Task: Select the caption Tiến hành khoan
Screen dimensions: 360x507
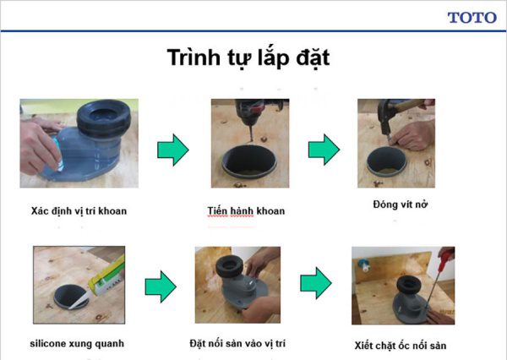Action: [x=246, y=210]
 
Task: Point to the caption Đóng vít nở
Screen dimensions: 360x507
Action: [x=399, y=205]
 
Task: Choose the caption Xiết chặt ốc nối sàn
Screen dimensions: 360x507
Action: [x=400, y=346]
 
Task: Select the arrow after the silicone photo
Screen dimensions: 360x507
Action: [x=161, y=287]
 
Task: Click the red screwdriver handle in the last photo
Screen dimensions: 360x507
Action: [x=447, y=254]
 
